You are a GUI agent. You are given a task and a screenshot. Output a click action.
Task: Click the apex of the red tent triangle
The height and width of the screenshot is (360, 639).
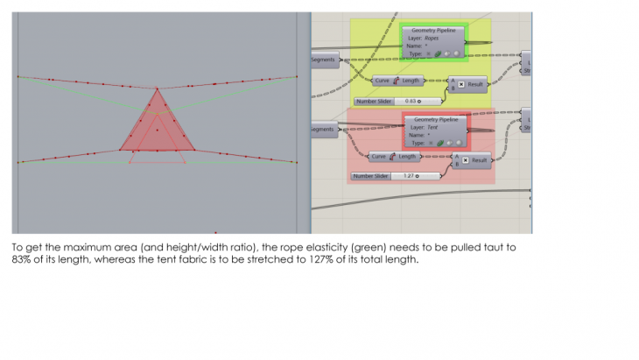[157, 88]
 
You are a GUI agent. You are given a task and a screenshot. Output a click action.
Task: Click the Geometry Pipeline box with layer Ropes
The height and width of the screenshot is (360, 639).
[435, 41]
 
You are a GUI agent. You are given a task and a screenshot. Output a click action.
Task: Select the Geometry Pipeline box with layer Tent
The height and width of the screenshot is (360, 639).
[436, 130]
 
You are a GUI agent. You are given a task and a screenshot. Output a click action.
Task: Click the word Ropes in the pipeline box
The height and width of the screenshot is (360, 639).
[432, 39]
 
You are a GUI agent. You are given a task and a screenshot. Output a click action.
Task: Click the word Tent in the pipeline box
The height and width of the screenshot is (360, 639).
[431, 127]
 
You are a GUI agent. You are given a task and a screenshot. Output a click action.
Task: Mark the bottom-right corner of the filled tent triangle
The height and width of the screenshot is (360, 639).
[195, 149]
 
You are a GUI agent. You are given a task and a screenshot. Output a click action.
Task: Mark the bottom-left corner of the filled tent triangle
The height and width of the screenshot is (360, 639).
[119, 149]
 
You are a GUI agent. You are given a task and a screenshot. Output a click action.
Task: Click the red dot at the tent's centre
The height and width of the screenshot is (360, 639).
[158, 130]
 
